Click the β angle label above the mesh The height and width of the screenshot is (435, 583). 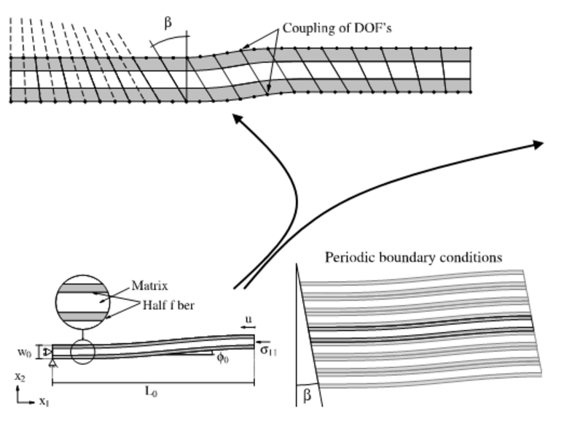point(168,23)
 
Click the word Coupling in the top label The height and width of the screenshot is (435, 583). point(304,28)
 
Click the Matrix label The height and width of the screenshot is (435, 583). point(149,285)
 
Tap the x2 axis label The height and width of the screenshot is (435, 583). point(19,379)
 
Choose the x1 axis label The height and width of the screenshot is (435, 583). point(44,402)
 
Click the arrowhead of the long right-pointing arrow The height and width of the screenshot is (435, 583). point(538,144)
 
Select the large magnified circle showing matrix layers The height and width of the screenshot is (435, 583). point(84,299)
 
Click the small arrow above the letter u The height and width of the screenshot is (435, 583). point(247,329)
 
